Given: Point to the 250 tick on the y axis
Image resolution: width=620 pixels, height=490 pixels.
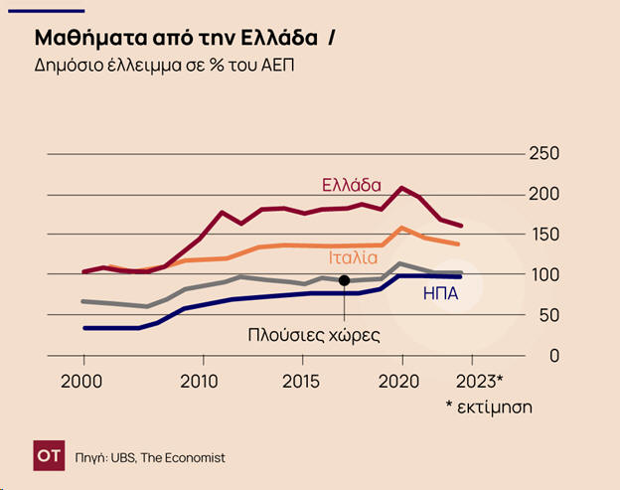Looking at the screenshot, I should click(543, 154).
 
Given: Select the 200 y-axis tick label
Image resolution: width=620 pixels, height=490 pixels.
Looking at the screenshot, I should click(543, 194).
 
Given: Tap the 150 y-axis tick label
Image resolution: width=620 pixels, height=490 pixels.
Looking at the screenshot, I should click(543, 235).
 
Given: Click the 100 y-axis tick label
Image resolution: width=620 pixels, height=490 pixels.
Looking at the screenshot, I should click(543, 275).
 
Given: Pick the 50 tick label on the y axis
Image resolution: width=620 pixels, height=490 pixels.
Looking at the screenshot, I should click(548, 315).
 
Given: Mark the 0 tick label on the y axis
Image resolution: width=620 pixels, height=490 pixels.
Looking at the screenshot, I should click(554, 356).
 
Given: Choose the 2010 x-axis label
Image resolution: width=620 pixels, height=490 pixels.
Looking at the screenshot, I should click(200, 382).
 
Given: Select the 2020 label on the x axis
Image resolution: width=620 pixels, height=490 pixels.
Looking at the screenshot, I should click(401, 382).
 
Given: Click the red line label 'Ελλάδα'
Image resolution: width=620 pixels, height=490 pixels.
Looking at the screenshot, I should click(351, 185).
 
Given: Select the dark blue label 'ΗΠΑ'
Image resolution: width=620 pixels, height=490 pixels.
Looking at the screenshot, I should click(440, 294).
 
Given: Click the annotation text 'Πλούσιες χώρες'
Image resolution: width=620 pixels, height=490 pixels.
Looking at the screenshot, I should click(314, 335).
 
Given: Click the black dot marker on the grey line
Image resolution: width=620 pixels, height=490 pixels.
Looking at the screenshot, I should click(345, 280).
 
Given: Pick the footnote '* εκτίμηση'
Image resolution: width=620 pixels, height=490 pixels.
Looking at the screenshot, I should click(488, 407).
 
